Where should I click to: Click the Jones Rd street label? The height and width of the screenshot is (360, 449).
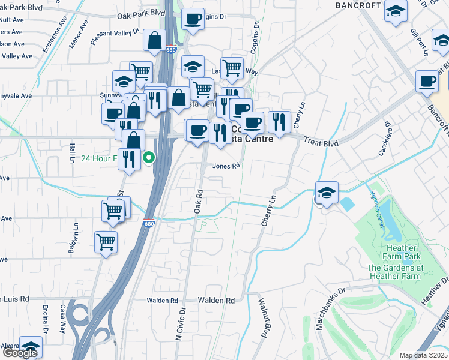click(x=227, y=166)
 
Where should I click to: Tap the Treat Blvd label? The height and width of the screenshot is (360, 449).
click(x=321, y=143)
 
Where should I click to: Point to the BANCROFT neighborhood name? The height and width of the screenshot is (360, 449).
click(x=358, y=5)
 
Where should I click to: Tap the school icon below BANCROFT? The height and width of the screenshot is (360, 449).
click(x=396, y=11)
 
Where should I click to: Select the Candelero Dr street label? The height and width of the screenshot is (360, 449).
click(x=385, y=139)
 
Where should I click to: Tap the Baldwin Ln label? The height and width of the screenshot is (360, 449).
click(x=73, y=238)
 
